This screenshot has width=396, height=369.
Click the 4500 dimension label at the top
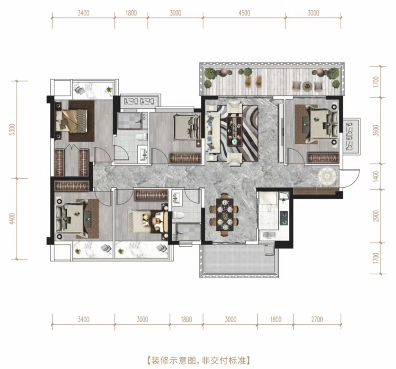click(244, 13)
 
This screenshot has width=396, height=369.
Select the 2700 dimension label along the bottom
click(317, 320)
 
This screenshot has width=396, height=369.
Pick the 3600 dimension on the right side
click(376, 130)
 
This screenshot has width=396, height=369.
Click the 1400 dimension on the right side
click(376, 176)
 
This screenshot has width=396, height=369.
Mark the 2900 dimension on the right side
click(376, 216)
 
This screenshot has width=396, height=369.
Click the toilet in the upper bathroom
click(141, 137)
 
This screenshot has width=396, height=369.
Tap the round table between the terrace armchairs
click(307, 86)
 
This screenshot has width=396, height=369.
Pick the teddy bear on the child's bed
click(146, 218)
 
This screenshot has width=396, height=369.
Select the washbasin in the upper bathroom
click(143, 153)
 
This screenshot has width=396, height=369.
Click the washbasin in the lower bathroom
click(177, 198)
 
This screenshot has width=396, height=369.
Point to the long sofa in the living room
click(212, 132)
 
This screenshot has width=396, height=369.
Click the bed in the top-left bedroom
click(71, 121)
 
